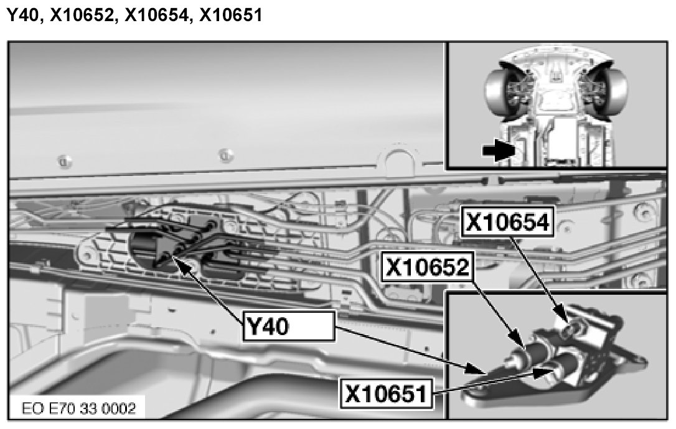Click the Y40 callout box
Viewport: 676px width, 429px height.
point(289,326)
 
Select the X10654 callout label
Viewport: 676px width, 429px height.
point(507,222)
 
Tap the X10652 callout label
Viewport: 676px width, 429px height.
point(427,267)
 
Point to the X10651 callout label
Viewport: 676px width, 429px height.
point(387,393)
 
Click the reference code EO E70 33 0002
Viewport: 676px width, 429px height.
point(79,408)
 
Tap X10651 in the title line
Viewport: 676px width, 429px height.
point(231,15)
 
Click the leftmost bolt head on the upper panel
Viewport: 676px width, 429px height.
point(64,162)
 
